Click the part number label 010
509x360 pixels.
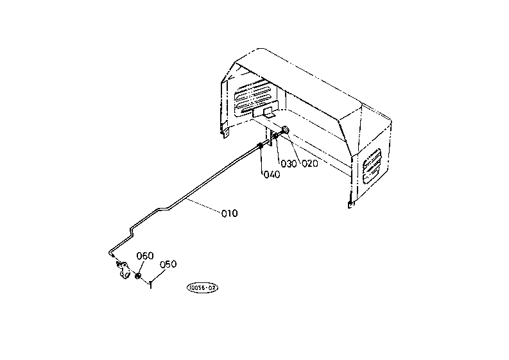tap(229, 214)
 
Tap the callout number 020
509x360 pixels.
tap(310, 163)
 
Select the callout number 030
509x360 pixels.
tap(289, 164)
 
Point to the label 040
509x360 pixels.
tap(271, 175)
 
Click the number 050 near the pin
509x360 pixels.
tap(168, 264)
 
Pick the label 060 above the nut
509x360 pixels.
tap(144, 256)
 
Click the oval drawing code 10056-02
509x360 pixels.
tap(202, 289)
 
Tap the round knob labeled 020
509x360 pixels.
tap(285, 132)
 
